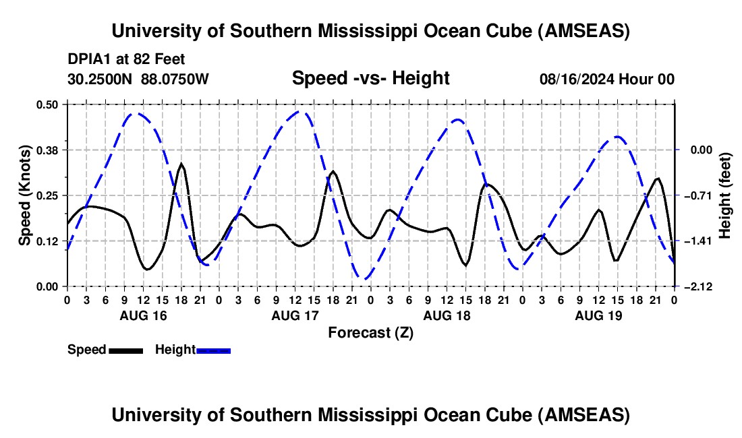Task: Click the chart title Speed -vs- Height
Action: (x=370, y=79)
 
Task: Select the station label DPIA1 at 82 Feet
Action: (x=126, y=60)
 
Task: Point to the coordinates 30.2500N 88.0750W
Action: (x=138, y=79)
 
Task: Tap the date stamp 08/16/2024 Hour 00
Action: (x=607, y=79)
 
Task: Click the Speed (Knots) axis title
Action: (x=24, y=195)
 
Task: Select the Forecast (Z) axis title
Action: (x=370, y=332)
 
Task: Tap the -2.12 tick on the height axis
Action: (x=695, y=286)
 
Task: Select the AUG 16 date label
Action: (x=142, y=315)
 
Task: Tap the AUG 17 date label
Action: (x=294, y=315)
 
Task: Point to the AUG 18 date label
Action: (x=446, y=315)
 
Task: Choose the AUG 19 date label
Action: (x=598, y=315)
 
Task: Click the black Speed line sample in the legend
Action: (x=125, y=350)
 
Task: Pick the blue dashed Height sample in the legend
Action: (x=213, y=350)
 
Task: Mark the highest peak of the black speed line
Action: (x=181, y=164)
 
